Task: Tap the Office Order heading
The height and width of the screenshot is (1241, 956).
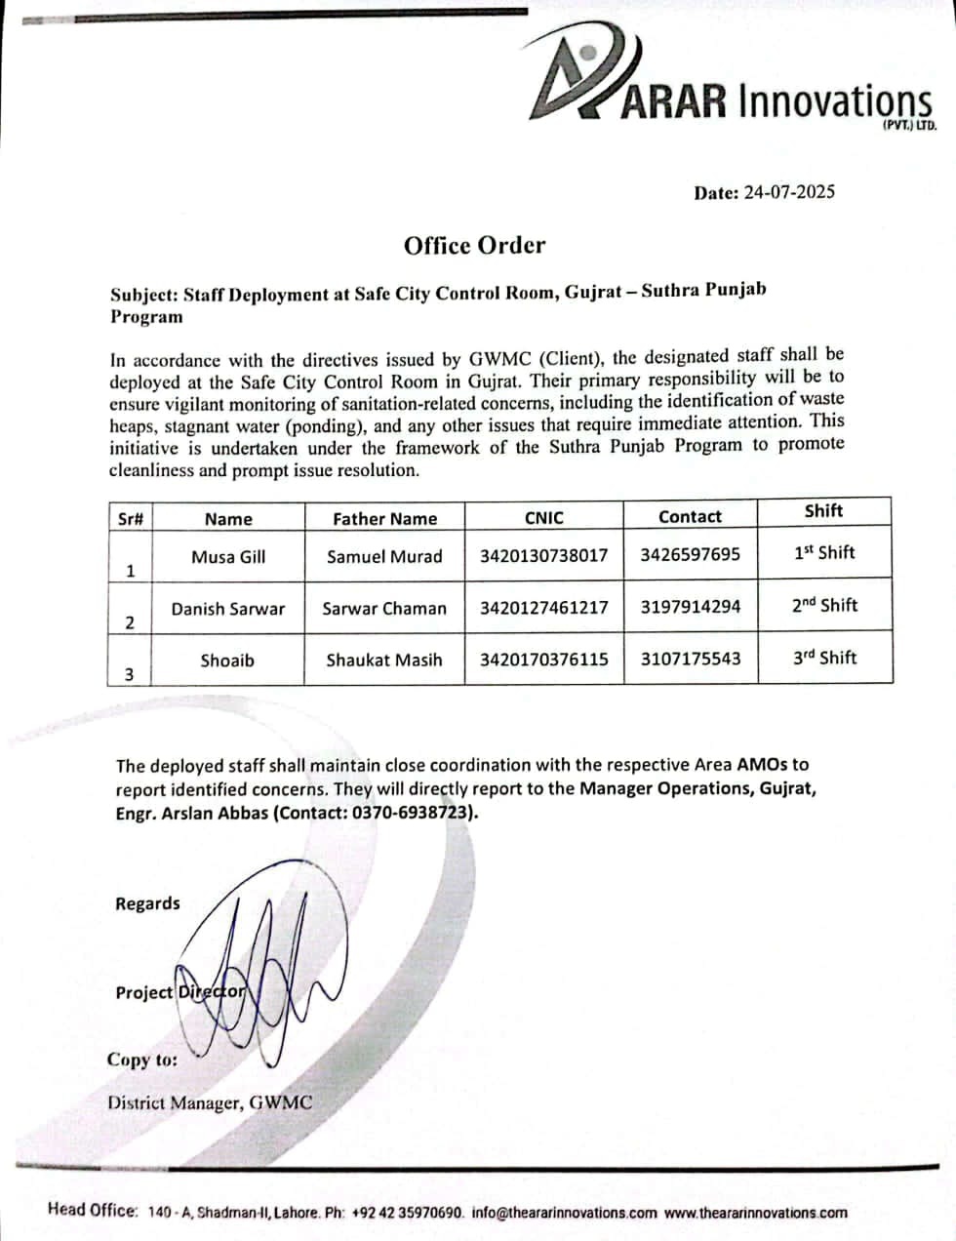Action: (474, 245)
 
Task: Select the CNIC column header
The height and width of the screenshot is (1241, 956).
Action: (543, 518)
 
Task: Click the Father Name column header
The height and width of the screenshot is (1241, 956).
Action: (384, 519)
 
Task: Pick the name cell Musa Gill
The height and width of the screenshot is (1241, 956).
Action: (228, 557)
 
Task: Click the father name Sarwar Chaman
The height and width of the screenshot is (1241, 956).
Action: (384, 609)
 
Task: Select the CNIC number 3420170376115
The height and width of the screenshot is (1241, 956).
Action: (543, 660)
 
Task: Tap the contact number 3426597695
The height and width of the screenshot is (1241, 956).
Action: (690, 555)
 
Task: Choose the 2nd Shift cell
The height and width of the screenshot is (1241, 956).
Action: (824, 605)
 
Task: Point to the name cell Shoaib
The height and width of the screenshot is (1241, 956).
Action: (227, 661)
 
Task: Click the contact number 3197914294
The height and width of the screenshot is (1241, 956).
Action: (690, 607)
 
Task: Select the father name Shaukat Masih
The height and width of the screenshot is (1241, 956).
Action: (384, 661)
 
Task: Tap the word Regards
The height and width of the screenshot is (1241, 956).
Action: (147, 903)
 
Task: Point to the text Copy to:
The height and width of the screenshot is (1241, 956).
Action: (142, 1061)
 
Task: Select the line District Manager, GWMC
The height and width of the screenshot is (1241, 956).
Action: (210, 1103)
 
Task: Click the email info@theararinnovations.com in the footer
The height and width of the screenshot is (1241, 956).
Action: (564, 1213)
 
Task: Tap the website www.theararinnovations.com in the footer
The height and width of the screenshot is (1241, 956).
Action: (755, 1213)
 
